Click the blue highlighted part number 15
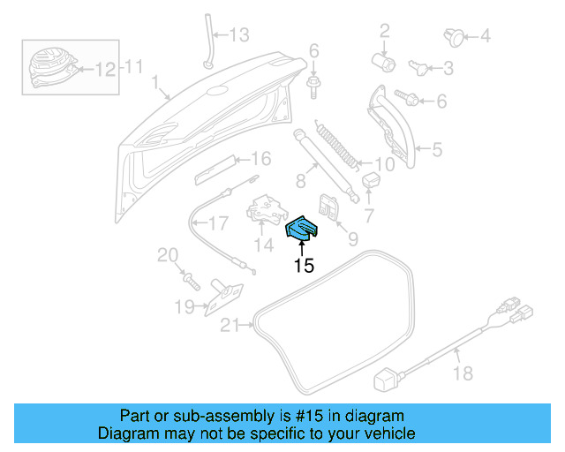302,230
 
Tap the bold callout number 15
304,266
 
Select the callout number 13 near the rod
240,35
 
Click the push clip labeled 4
455,36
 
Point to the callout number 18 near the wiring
463,374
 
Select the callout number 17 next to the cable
217,223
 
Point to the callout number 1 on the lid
154,86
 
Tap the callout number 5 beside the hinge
435,150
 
